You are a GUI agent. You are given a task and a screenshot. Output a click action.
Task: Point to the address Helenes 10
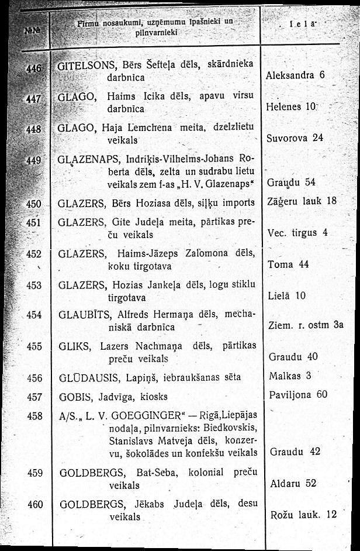pyautogui.click(x=291, y=108)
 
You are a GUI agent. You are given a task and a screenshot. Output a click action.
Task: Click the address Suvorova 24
pyautogui.click(x=295, y=139)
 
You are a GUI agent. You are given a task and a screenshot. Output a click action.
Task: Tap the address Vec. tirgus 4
pyautogui.click(x=297, y=233)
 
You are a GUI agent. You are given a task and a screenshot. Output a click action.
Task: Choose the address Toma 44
pyautogui.click(x=288, y=264)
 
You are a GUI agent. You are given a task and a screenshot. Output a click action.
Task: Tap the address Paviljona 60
pyautogui.click(x=297, y=394)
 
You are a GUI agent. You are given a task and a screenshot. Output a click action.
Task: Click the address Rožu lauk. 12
pyautogui.click(x=305, y=515)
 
